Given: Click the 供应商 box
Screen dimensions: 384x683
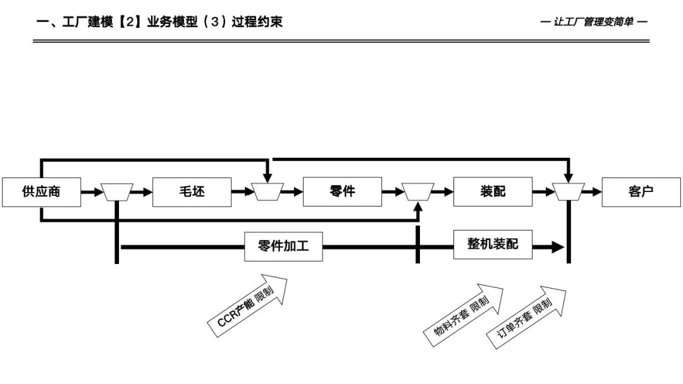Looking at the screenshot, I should click(41, 192).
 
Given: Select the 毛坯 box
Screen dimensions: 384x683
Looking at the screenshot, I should click(192, 192).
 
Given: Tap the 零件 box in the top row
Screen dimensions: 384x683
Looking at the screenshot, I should click(342, 192).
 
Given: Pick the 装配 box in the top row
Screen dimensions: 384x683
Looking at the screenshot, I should click(493, 192).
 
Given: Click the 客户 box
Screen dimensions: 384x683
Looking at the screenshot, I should click(641, 192).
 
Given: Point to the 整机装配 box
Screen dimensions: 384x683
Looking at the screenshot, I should click(493, 244).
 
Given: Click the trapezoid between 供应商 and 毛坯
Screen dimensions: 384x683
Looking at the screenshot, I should click(117, 191).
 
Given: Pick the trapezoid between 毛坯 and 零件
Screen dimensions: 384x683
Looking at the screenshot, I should click(268, 191).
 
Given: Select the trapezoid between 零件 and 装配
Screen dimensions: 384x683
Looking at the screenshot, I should click(417, 191).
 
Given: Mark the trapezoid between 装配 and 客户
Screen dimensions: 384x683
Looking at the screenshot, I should click(568, 191).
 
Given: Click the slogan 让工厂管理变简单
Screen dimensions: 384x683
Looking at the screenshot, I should click(594, 22).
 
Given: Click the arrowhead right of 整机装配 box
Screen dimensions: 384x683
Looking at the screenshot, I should click(557, 247).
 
